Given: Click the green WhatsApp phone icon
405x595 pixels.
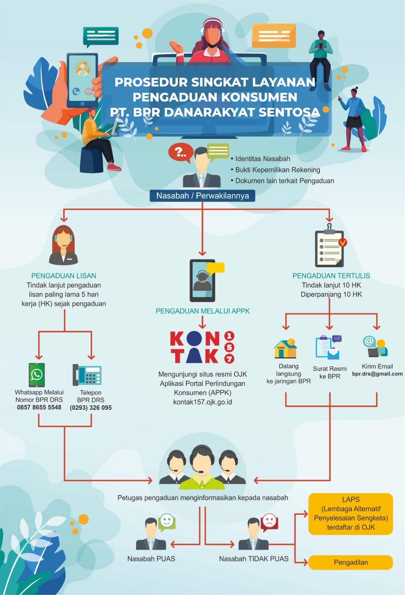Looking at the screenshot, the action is point(37,375).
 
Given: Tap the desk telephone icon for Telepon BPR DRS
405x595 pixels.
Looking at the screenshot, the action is point(87,375).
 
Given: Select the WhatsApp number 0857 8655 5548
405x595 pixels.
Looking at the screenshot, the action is point(39,407).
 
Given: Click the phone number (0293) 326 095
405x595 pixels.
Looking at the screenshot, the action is point(91,408).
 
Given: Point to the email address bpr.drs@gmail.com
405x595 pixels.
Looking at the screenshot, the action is point(377,374).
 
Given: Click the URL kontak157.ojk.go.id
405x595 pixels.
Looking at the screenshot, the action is point(202,402).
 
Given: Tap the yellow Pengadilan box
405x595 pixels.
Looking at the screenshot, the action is point(350,562).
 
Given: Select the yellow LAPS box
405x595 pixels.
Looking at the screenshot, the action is point(350,514).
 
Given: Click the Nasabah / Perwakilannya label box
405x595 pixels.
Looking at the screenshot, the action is point(202,196).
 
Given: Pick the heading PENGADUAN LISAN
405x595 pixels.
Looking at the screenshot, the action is point(64,276).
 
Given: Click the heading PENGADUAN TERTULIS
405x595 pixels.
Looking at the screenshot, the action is point(331,276).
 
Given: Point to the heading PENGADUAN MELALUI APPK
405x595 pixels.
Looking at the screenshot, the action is point(203,311).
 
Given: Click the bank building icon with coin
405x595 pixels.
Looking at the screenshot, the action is point(286,348).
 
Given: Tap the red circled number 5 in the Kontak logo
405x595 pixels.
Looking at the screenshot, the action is point(229,347).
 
